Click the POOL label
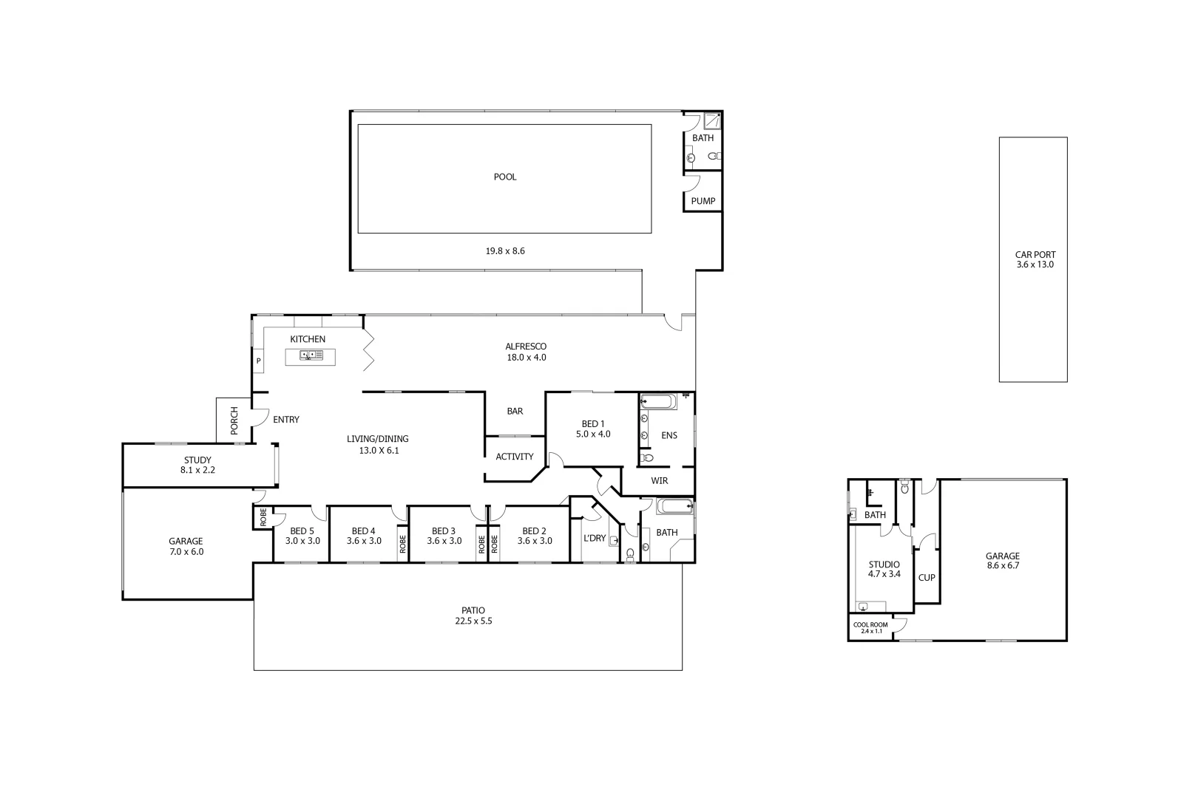[x=505, y=177]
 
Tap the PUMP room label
[x=703, y=201]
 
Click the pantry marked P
[x=258, y=361]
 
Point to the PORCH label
[x=234, y=420]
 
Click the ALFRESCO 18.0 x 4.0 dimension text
[x=526, y=358]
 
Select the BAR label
[x=515, y=411]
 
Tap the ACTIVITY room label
[x=514, y=457]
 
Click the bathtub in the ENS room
[x=657, y=402]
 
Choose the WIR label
[x=659, y=481]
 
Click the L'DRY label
[x=595, y=538]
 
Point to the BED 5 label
[x=302, y=531]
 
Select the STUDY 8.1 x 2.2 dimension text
[x=197, y=470]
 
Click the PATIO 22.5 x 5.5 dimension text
[x=473, y=621]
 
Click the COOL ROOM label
[x=870, y=625]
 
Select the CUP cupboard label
[x=926, y=578]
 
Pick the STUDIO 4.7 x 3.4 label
[x=884, y=569]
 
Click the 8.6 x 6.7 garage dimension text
[x=1002, y=566]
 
